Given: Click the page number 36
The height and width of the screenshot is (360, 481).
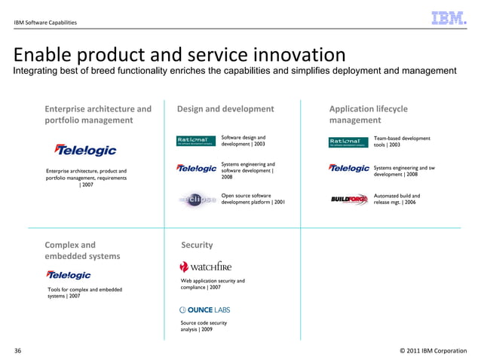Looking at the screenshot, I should pos(18,351).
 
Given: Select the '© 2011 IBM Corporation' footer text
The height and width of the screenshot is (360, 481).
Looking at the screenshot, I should pos(433,351).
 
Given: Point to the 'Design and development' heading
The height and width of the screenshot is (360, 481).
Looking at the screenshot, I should pos(225,109).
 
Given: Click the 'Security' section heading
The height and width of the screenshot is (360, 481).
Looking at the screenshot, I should pos(197,245).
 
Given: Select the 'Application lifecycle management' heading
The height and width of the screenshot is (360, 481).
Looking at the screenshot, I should pos(368,114).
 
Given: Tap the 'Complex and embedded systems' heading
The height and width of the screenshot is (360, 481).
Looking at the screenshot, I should pos(82,250).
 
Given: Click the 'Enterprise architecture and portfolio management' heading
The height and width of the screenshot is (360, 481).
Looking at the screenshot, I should pos(98,114).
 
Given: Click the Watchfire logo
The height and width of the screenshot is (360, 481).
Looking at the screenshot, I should pos(205,266).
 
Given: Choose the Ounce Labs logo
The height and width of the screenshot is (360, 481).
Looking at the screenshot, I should pos(204,310).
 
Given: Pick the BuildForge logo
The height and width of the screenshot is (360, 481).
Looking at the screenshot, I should pos(349,200).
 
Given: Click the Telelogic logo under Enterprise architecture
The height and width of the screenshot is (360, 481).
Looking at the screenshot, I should pos(85,150).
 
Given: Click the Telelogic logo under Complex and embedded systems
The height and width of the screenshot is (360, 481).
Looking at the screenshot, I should pos(69,275).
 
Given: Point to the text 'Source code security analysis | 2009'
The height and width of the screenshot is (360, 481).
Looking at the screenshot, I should pos(202,326).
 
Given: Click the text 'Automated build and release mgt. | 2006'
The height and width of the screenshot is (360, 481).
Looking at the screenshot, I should pos(397,199).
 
